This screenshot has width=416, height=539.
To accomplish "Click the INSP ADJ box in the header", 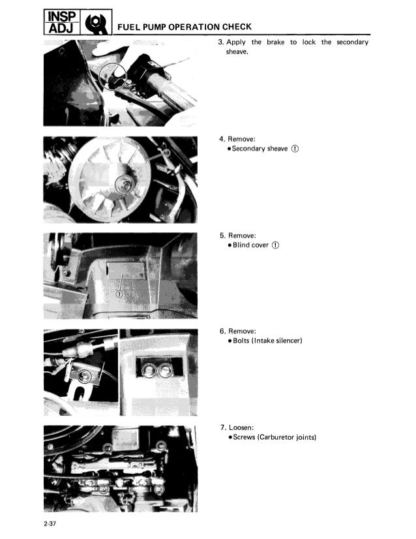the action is click(x=62, y=22).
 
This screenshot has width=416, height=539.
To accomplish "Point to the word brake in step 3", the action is click(x=276, y=42).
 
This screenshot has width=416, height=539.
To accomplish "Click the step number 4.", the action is click(x=222, y=139).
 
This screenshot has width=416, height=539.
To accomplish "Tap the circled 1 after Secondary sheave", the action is click(x=295, y=149).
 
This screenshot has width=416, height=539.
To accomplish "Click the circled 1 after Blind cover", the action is click(x=276, y=245).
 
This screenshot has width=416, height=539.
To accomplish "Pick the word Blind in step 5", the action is click(x=241, y=245).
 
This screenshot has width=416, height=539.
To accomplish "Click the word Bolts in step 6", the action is click(x=241, y=341).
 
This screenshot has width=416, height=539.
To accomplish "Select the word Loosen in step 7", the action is click(x=240, y=427).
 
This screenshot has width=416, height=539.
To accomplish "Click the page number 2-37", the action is click(x=50, y=524).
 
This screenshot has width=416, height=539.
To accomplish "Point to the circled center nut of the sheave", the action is click(x=123, y=185).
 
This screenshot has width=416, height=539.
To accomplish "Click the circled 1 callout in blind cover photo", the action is click(x=119, y=294).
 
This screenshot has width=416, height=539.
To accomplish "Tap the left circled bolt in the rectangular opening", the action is click(x=148, y=370).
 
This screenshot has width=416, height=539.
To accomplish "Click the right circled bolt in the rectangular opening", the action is click(x=165, y=370).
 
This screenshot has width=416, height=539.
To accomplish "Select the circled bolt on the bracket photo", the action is click(x=83, y=376).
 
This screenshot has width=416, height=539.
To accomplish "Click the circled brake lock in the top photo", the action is click(x=113, y=77).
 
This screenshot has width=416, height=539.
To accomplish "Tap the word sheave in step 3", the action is click(x=237, y=52).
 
